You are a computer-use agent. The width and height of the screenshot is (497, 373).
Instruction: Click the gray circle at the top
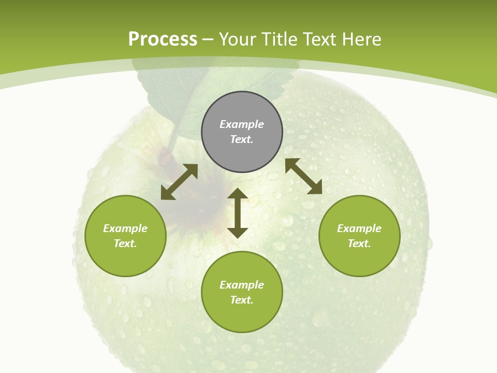242,132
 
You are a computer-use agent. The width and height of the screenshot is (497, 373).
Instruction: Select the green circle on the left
125,236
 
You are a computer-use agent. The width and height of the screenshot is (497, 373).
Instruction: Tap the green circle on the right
359,236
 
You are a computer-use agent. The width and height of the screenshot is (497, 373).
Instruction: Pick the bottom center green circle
242,292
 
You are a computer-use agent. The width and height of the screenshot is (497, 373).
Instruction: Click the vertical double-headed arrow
238,213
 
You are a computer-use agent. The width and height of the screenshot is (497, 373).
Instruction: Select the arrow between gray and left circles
179,182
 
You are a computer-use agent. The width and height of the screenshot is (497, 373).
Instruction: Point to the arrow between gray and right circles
303,176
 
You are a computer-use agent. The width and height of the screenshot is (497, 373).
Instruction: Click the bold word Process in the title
163,39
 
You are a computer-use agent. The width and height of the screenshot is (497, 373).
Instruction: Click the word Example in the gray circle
242,124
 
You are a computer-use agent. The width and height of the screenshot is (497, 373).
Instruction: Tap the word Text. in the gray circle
242,139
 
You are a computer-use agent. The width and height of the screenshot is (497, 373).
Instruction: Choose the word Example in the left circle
125,228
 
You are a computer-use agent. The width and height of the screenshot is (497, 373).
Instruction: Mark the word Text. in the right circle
359,243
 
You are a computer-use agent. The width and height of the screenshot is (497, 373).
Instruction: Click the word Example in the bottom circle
242,285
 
